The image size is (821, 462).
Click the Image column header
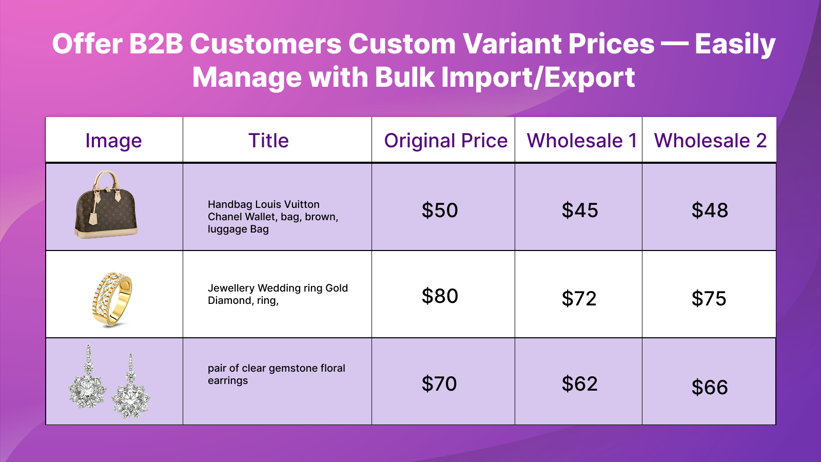113,141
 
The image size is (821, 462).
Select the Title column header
269,141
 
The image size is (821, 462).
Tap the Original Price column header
446,141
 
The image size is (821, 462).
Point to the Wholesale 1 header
582,141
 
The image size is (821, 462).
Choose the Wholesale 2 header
710,141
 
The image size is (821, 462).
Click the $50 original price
440,210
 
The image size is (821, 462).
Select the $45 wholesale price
580,210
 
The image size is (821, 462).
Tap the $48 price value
710,210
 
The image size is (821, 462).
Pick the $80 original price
440,296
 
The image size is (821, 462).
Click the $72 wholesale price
579,298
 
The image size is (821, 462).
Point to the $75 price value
709,298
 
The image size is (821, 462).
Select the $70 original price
439,383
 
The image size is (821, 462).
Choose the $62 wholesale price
580,383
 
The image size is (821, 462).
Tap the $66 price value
710,387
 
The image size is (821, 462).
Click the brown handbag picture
106,204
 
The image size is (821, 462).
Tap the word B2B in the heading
156,44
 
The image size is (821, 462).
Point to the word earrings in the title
228,380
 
